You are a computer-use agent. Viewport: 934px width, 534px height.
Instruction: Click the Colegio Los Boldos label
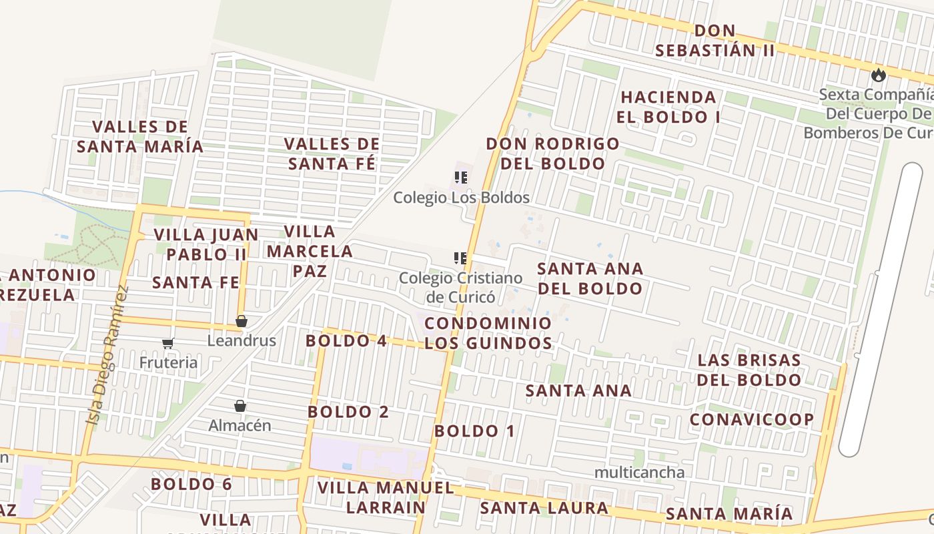461,198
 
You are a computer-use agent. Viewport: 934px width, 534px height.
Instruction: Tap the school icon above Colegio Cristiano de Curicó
460,258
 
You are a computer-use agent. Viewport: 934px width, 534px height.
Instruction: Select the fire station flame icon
879,75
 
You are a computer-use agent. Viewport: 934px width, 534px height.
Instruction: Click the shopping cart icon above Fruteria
168,343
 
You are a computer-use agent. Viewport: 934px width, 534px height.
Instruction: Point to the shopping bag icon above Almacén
240,406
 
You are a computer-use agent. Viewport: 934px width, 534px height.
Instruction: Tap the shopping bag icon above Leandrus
242,322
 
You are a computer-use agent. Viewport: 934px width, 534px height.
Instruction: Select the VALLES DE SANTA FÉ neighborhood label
332,154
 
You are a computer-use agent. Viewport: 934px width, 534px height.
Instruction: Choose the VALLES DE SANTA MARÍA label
139,136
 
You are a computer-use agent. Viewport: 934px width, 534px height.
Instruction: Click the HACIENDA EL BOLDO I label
668,107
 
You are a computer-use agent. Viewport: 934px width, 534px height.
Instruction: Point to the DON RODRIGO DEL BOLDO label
552,154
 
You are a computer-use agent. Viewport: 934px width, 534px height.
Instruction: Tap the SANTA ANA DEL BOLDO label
590,278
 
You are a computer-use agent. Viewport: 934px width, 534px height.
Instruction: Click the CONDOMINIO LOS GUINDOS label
488,333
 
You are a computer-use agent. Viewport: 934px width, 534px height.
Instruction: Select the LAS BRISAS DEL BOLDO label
749,370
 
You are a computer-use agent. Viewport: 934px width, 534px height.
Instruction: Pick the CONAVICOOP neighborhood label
751,419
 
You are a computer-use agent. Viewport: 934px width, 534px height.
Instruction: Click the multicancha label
638,473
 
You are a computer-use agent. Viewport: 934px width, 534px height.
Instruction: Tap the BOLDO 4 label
346,340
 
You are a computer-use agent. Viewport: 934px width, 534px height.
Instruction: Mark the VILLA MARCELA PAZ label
310,251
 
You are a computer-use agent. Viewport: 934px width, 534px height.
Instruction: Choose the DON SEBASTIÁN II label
715,40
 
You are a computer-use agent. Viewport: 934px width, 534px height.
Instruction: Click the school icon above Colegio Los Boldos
460,178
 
